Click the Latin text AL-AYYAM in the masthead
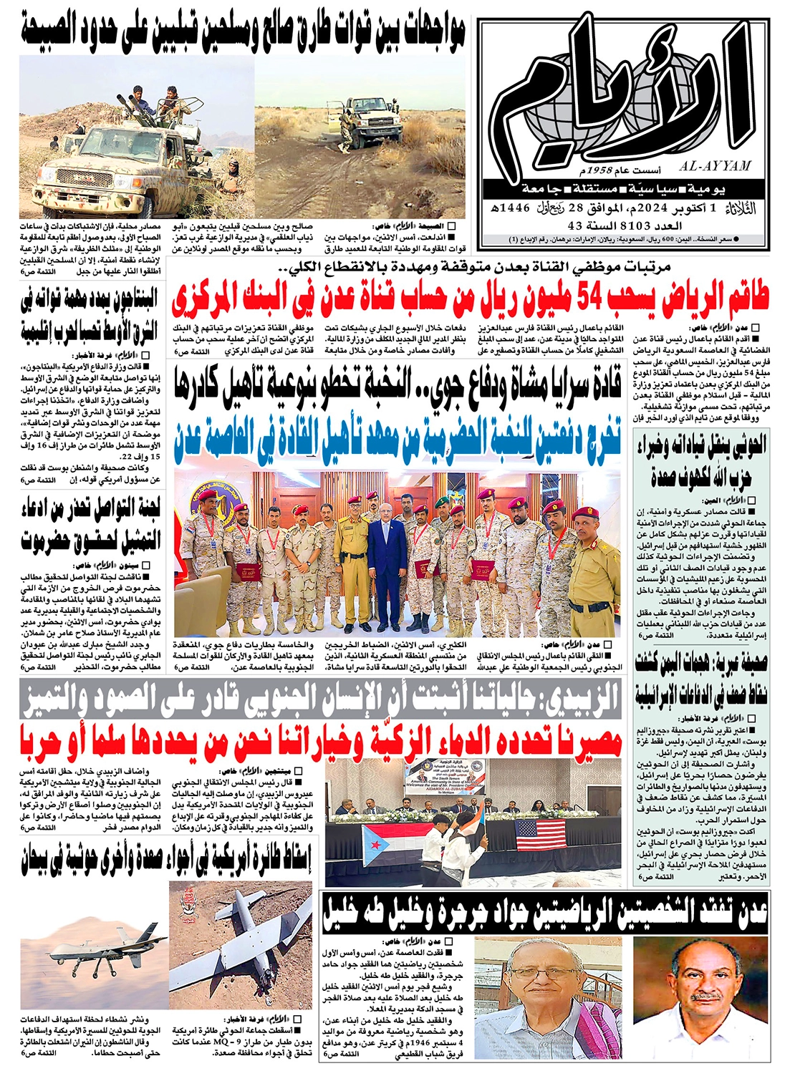coord(718,166)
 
